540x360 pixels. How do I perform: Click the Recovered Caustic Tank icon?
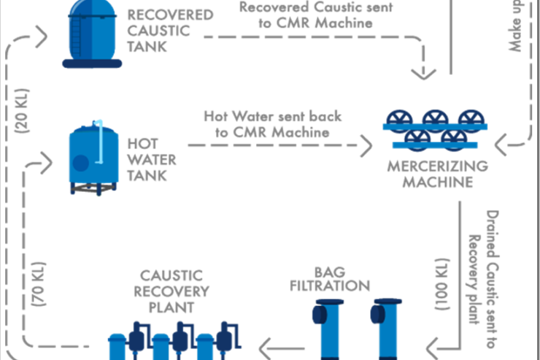click(92, 33)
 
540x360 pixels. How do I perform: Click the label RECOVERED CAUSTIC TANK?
click(161, 30)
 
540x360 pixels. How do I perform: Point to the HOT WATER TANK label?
click(148, 159)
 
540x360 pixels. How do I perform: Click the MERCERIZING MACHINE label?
click(438, 173)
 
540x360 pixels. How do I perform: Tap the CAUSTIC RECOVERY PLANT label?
click(171, 291)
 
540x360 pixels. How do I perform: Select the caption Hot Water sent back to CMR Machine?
click(272, 124)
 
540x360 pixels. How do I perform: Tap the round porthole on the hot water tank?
click(81, 162)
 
